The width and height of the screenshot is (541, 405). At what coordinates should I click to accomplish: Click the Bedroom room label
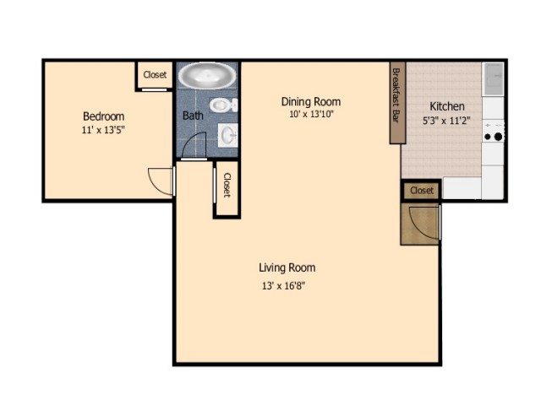pyautogui.click(x=103, y=116)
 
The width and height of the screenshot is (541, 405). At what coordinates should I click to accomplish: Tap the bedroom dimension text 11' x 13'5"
pyautogui.click(x=103, y=131)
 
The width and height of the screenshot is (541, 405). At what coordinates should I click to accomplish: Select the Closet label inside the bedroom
pyautogui.click(x=155, y=75)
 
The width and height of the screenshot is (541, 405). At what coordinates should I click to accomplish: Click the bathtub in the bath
pyautogui.click(x=207, y=76)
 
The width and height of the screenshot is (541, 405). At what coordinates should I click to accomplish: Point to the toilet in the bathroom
pyautogui.click(x=223, y=106)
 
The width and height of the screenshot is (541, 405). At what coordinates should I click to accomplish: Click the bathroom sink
pyautogui.click(x=227, y=133)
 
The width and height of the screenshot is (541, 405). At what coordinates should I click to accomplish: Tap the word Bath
pyautogui.click(x=193, y=116)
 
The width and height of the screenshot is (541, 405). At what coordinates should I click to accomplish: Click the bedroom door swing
pyautogui.click(x=161, y=180)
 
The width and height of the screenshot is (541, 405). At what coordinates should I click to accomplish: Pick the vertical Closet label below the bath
pyautogui.click(x=227, y=186)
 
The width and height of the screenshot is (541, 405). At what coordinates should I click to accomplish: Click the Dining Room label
pyautogui.click(x=311, y=102)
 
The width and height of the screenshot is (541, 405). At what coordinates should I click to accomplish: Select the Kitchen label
pyautogui.click(x=446, y=106)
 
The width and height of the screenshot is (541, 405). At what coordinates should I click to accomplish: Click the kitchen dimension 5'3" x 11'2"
pyautogui.click(x=446, y=121)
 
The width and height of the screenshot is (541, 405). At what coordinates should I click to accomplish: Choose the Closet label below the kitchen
pyautogui.click(x=421, y=191)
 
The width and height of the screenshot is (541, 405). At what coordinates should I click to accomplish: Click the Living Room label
pyautogui.click(x=287, y=268)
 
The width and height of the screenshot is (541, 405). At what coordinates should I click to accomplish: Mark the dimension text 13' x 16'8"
pyautogui.click(x=283, y=285)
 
